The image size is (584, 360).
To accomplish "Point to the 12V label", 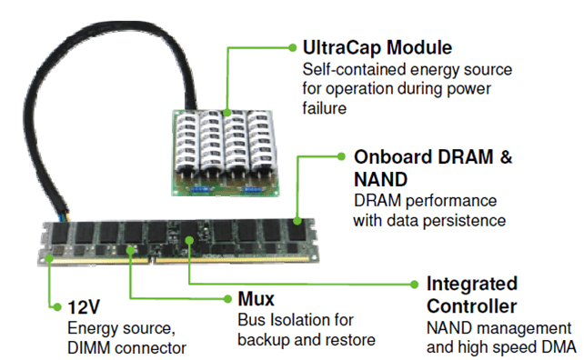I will coord(84,305).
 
